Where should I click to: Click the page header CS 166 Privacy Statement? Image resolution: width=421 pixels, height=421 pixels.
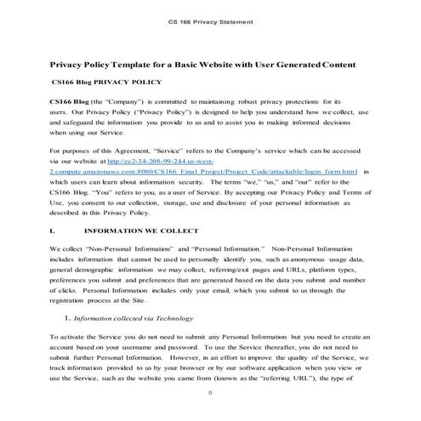[x=210, y=16]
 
